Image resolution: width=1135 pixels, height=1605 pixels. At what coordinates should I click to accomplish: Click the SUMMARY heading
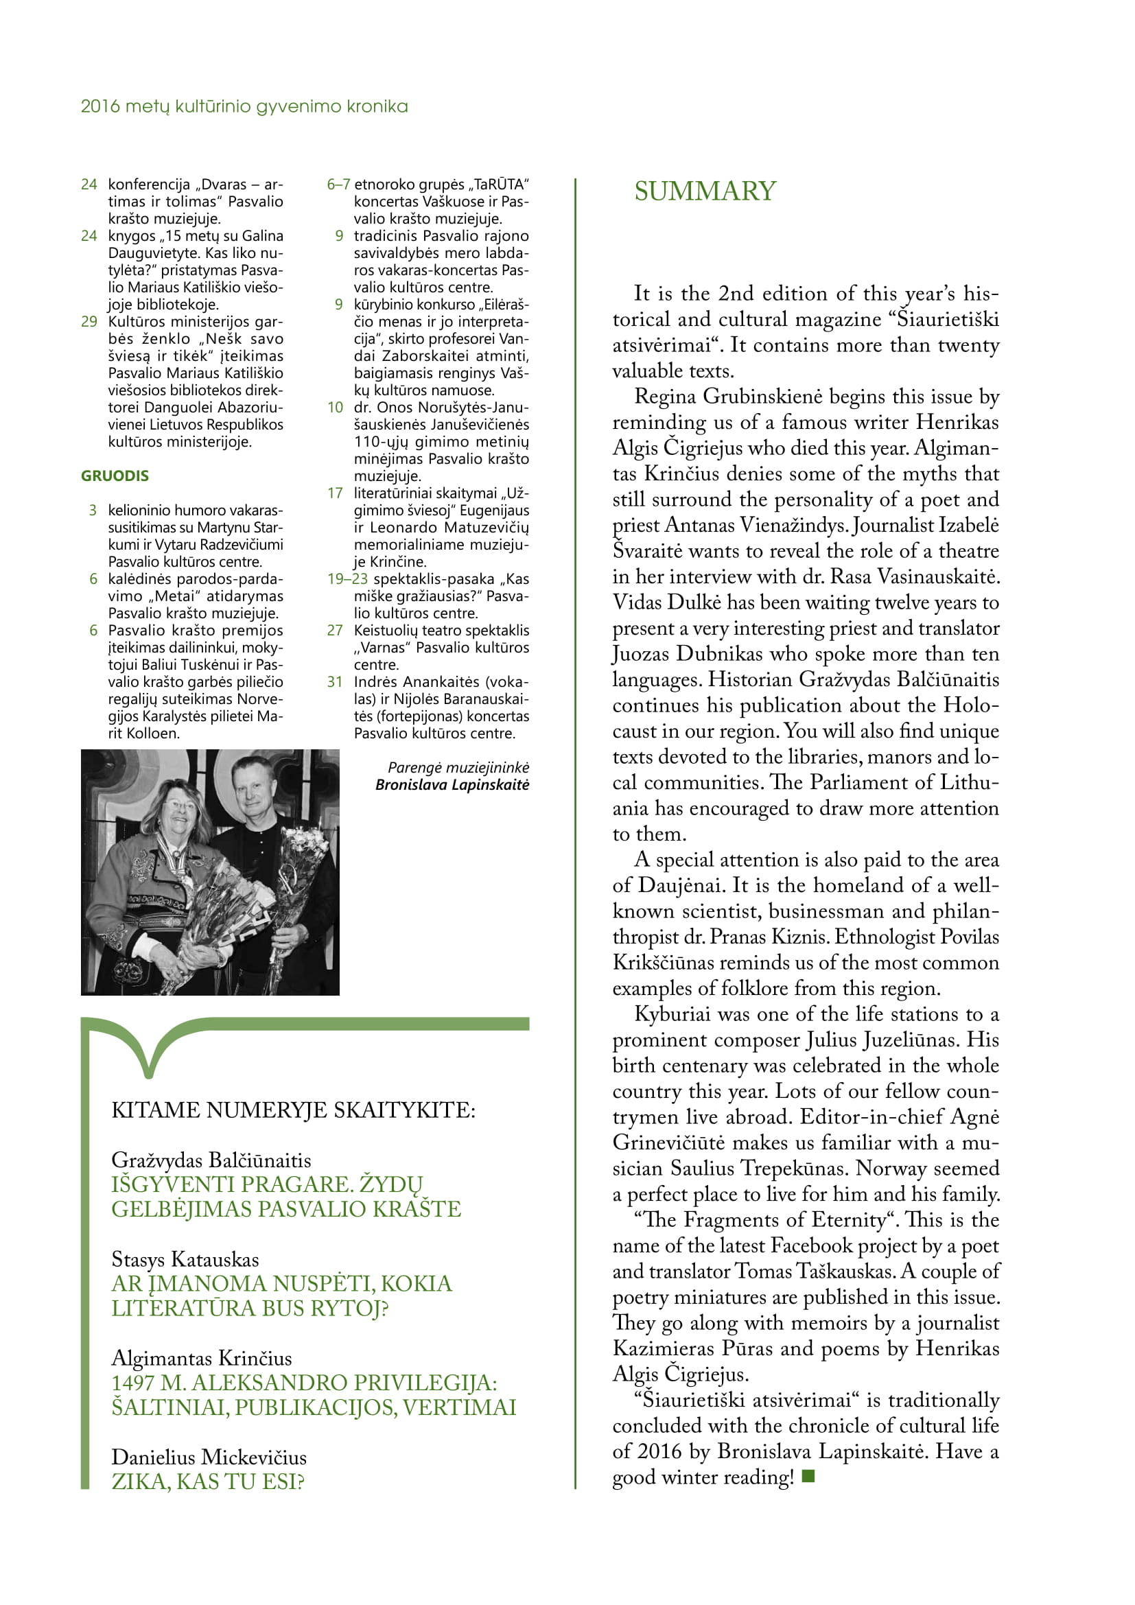[x=705, y=191]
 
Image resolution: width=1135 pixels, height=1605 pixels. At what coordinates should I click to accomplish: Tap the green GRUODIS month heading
[x=115, y=476]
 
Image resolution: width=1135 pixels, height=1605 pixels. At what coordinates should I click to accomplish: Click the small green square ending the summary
[x=808, y=1476]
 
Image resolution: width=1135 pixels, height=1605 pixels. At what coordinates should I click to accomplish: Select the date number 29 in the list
[x=89, y=322]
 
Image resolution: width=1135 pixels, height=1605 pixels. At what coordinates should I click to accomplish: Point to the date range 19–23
[x=347, y=579]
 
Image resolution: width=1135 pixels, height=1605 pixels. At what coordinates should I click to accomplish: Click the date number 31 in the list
[x=335, y=681]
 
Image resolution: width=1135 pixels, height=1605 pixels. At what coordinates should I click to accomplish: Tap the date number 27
[x=335, y=631]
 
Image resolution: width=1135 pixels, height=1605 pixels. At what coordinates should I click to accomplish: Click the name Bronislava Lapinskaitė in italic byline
[x=452, y=785]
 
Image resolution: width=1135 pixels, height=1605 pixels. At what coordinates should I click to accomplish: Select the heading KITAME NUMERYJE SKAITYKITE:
[x=293, y=1110]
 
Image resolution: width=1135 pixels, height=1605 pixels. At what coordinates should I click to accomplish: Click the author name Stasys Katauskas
[x=185, y=1259]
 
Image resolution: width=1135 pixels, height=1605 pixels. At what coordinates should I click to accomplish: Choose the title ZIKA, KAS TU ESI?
[x=207, y=1481]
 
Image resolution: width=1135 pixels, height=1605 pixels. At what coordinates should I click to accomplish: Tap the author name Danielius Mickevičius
[x=209, y=1457]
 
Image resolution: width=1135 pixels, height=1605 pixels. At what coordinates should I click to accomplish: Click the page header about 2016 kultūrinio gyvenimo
[x=244, y=106]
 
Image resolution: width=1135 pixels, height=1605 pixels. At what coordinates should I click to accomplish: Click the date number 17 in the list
[x=335, y=493]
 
